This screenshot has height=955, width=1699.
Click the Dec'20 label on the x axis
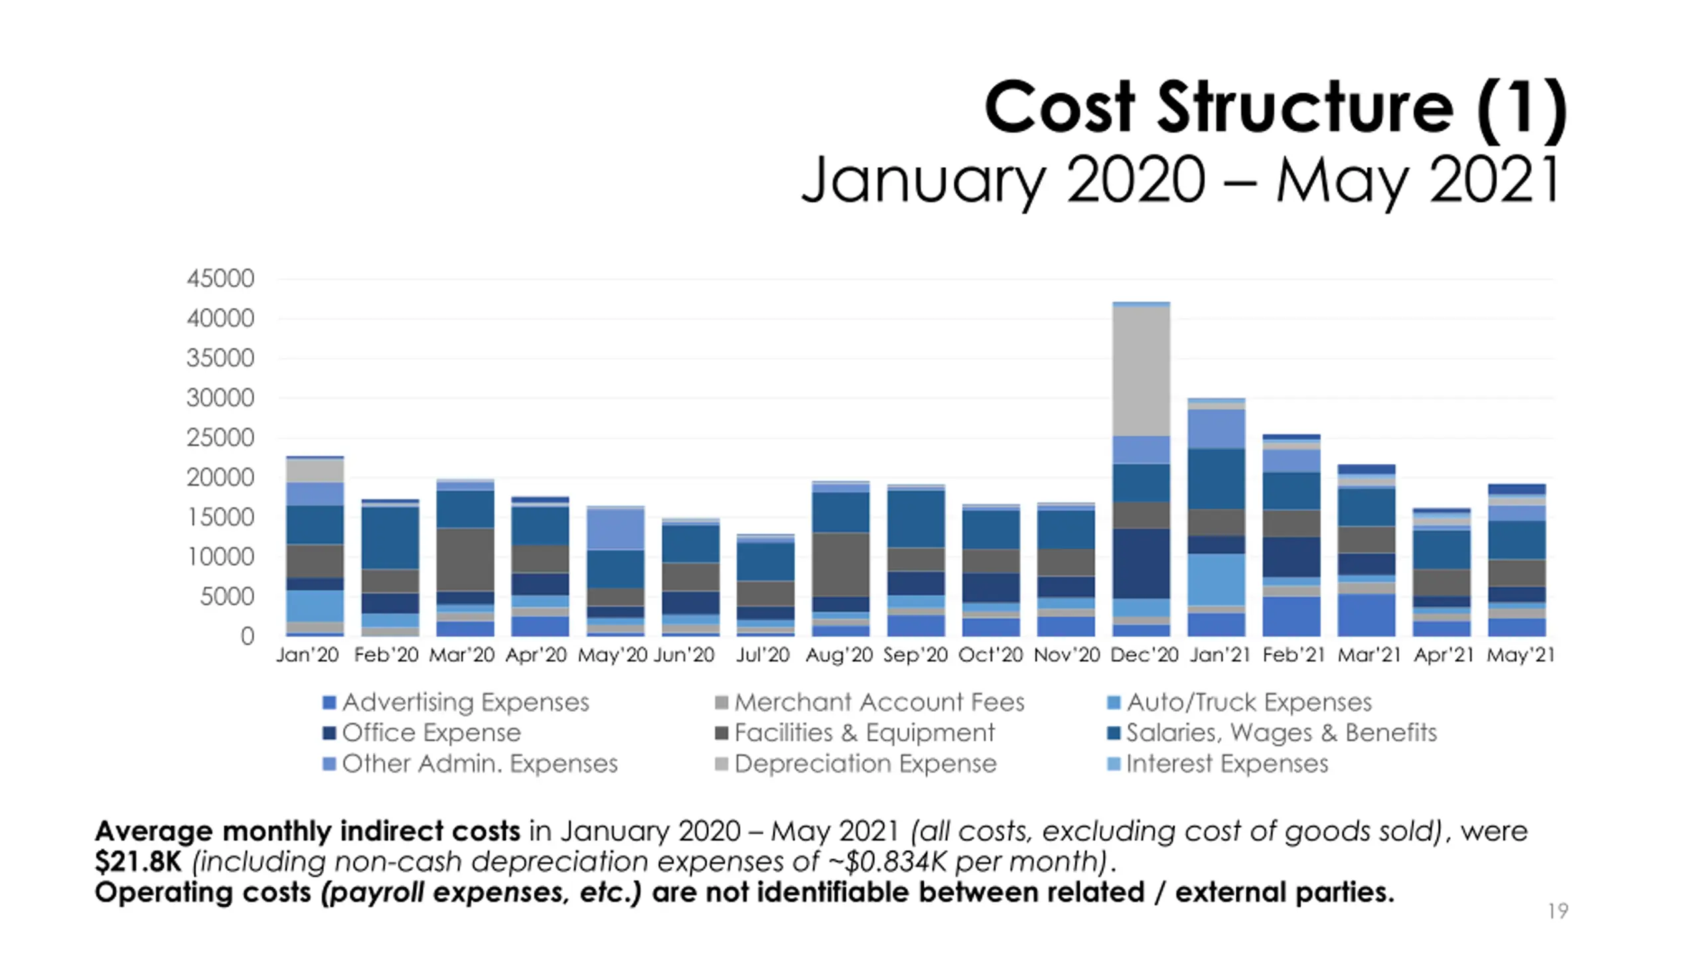click(x=1144, y=655)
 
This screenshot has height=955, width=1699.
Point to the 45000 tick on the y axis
click(x=220, y=279)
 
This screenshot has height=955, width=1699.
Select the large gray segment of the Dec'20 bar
click(x=1142, y=371)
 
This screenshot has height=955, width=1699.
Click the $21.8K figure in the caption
click(x=138, y=861)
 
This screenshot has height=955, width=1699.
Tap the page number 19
click(x=1558, y=911)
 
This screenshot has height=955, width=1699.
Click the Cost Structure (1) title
click(x=1274, y=107)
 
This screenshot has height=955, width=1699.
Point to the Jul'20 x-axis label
click(x=763, y=655)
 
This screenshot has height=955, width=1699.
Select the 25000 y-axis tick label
click(x=220, y=438)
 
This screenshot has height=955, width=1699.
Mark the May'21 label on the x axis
click(x=1520, y=655)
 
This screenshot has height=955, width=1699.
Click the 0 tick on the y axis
click(x=247, y=637)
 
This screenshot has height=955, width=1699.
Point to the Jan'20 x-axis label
click(x=307, y=655)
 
